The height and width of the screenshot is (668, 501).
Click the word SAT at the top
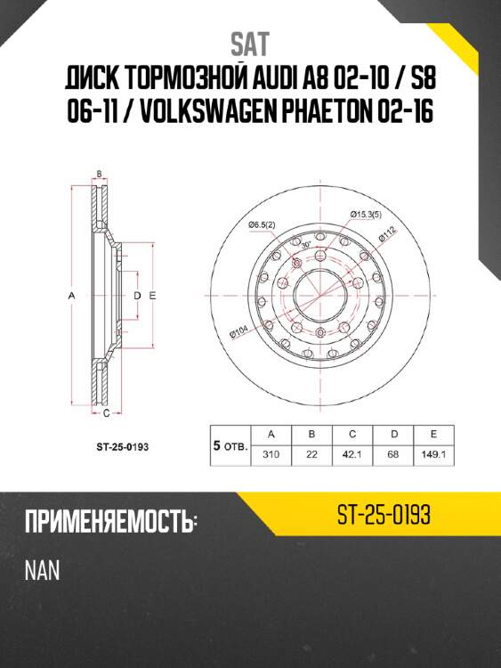coord(250,44)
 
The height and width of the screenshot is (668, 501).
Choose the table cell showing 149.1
coord(432,454)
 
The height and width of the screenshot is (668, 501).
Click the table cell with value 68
coord(392,454)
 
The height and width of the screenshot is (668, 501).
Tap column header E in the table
coord(432,434)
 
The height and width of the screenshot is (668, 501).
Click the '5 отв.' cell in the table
coord(230,444)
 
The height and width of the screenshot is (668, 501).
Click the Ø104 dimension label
coord(238,332)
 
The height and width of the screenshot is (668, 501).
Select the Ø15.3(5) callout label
coord(365,214)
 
